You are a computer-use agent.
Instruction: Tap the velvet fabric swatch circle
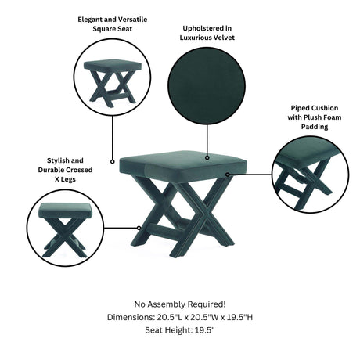pyautogui.click(x=207, y=86)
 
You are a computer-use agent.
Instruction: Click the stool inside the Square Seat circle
pyautogui.click(x=113, y=83)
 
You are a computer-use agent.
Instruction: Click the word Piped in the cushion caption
pyautogui.click(x=299, y=108)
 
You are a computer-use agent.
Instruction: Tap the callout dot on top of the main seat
pyautogui.click(x=207, y=157)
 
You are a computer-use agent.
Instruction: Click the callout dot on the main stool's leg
pyautogui.click(x=139, y=228)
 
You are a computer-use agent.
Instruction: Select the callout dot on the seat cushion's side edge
pyautogui.click(x=228, y=175)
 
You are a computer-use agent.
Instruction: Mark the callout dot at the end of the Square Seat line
pyautogui.click(x=113, y=162)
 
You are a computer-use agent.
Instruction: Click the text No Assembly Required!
pyautogui.click(x=180, y=304)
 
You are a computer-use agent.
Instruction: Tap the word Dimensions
pyautogui.click(x=131, y=317)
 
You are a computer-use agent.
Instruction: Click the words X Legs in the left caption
pyautogui.click(x=65, y=179)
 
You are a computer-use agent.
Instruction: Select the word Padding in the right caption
pyautogui.click(x=315, y=127)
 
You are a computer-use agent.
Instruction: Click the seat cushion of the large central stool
pyautogui.click(x=183, y=166)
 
